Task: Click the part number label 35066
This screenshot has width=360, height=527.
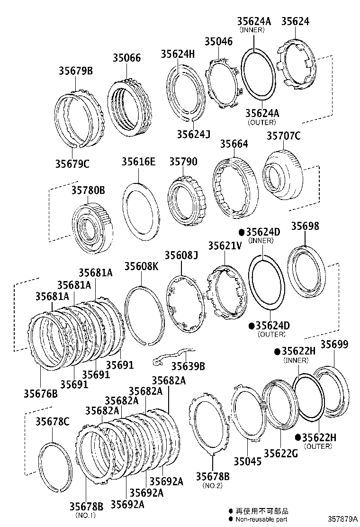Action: [126, 58]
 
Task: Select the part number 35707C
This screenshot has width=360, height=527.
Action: [283, 136]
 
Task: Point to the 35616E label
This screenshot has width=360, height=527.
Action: [139, 162]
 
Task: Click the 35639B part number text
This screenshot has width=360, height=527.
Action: [188, 366]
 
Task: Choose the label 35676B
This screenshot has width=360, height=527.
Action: [41, 393]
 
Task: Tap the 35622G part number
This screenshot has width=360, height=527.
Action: [280, 453]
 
